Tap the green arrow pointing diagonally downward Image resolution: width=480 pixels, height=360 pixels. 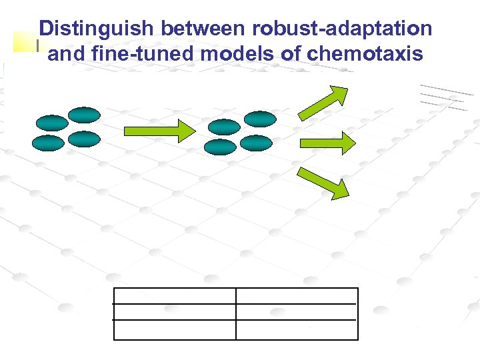coord(323,183)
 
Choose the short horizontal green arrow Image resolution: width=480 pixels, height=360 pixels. coord(326,143)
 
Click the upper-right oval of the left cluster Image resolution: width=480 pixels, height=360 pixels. coord(84,115)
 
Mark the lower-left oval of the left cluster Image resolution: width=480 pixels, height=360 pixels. coord(49,143)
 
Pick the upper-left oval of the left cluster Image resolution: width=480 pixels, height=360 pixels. coord(52,123)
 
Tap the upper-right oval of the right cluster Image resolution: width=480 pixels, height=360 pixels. coord(259,119)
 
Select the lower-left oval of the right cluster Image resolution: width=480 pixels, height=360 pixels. coord(220,147)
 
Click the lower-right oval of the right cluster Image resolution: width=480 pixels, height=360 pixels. coord(256,143)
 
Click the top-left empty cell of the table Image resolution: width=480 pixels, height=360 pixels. coord(175,296)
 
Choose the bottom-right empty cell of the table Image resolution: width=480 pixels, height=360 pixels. coord(297,329)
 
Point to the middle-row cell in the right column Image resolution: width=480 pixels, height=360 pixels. coord(297,312)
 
